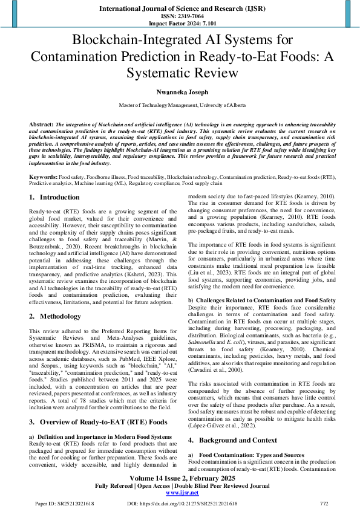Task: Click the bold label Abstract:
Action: tap(41, 123)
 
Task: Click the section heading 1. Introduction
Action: tap(54, 198)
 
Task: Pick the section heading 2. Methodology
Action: tap(56, 316)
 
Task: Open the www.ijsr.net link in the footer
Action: tap(180, 493)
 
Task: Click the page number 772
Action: tap(324, 503)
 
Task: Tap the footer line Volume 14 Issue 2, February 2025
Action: tap(180, 478)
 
